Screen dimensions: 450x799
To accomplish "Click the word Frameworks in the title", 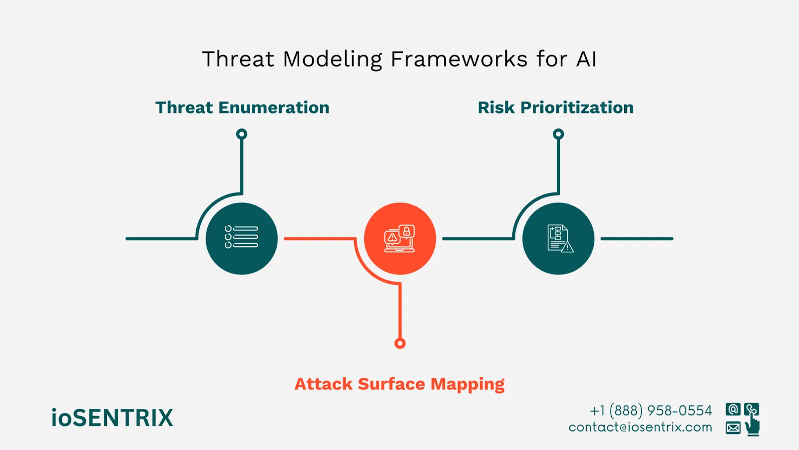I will point(458,59).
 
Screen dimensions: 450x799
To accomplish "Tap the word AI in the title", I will point(586,59).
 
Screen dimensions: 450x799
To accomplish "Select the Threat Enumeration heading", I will point(242,107).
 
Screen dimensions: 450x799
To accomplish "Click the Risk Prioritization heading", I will point(555,107).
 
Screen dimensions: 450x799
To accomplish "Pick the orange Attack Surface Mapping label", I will point(399,384).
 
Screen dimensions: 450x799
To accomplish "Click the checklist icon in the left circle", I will point(242,237).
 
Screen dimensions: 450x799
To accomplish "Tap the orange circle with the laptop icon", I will point(399,238).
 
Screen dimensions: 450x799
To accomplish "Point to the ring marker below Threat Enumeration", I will point(242,134).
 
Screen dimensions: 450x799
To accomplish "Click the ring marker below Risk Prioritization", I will point(558,134).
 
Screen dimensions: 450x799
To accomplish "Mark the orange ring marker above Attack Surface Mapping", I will point(399,343).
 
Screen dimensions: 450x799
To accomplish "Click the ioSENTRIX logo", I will point(112,418).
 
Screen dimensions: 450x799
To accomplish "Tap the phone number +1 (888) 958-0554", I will point(651,410).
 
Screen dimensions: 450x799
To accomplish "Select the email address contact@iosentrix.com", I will point(640,427).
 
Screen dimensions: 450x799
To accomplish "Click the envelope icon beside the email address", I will point(733,428).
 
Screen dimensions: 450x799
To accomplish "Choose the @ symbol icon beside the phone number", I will point(733,409).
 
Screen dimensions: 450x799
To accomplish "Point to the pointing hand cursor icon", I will point(753,426).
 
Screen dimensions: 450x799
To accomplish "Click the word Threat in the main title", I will point(238,59).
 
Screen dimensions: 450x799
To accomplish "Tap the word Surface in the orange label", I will point(392,384).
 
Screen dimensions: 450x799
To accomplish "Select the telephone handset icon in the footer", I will point(751,409).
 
